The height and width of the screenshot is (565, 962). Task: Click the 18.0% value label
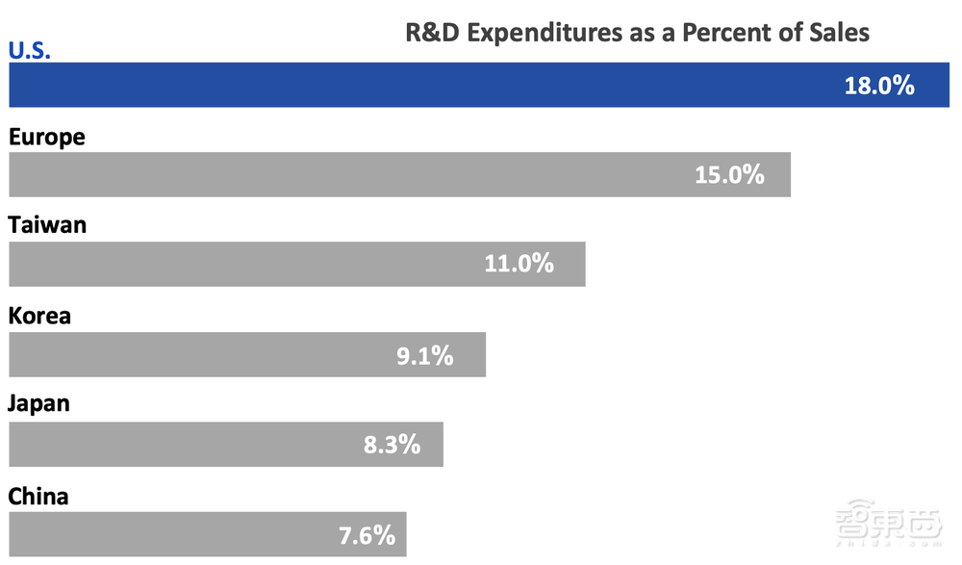coord(879,85)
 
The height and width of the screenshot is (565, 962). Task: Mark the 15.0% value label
coord(729,174)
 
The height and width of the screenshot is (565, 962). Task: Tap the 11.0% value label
coord(519,264)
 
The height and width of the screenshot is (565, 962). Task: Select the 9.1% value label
coord(424,354)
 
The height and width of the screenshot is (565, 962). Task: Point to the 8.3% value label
coord(392,444)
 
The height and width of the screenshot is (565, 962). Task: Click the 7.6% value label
coord(367,534)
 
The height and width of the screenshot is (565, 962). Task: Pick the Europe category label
coord(47,138)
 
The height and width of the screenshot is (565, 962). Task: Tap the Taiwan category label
coord(47,226)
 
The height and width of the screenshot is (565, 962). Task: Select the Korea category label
coord(39,316)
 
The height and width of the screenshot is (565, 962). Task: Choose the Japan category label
coord(39,404)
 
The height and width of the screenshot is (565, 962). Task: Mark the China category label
coord(38,496)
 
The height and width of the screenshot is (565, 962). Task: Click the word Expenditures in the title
coord(542,34)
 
